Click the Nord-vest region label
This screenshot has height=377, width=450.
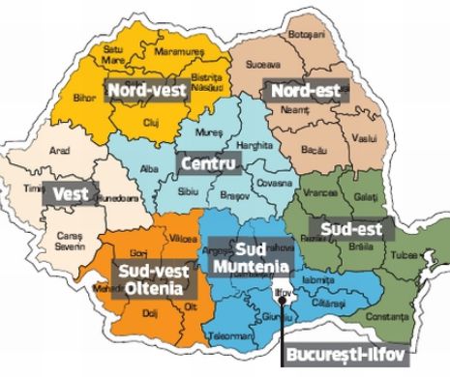[x=147, y=90]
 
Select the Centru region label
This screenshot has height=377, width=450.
[x=208, y=165]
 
